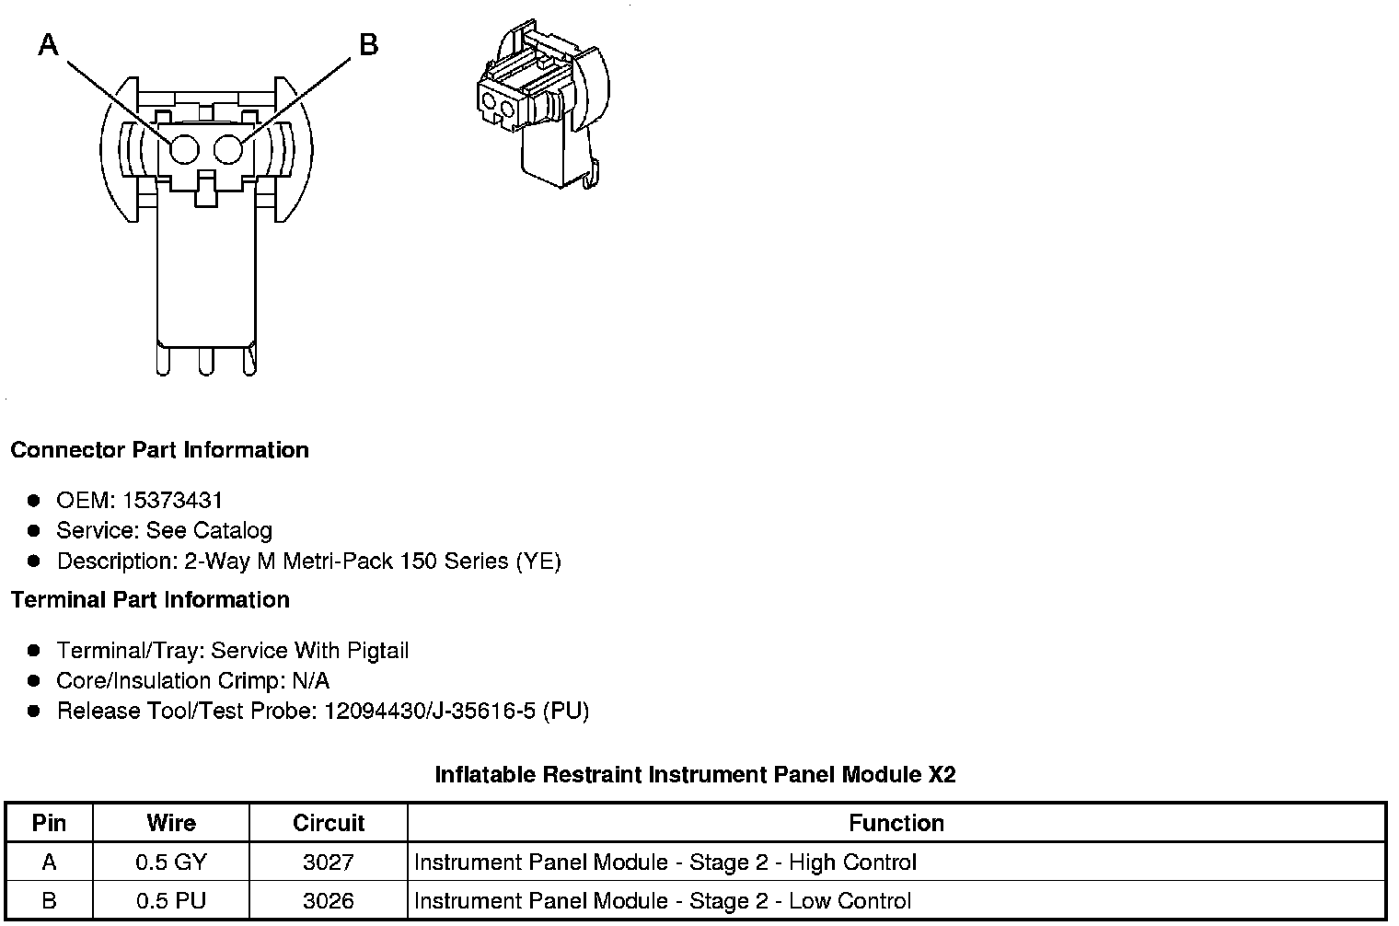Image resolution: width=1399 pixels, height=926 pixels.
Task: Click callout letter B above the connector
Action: (x=368, y=44)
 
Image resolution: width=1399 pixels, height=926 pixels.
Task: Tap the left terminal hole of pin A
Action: (x=184, y=149)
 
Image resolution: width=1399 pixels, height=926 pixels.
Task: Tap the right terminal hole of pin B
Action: (x=228, y=149)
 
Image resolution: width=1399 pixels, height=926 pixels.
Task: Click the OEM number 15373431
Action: (x=172, y=501)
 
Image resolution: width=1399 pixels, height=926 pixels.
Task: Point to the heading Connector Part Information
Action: (x=159, y=450)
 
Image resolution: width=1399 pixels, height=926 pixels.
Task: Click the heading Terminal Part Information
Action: (x=150, y=600)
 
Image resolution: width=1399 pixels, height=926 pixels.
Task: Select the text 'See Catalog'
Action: (x=209, y=531)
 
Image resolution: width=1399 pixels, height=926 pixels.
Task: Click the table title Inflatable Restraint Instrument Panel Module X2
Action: (x=695, y=775)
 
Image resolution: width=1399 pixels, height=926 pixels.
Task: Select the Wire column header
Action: (x=171, y=823)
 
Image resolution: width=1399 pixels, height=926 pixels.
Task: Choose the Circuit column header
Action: (x=329, y=823)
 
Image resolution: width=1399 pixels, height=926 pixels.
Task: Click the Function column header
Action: (x=896, y=823)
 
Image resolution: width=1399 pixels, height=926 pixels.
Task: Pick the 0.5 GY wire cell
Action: (x=171, y=862)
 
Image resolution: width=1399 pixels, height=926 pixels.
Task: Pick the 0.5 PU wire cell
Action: (x=171, y=901)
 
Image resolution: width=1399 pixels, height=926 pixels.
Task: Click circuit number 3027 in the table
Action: (x=329, y=862)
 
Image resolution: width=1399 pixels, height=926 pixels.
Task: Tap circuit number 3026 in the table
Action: (x=329, y=901)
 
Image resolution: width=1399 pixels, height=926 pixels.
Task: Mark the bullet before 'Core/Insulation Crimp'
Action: (x=34, y=681)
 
